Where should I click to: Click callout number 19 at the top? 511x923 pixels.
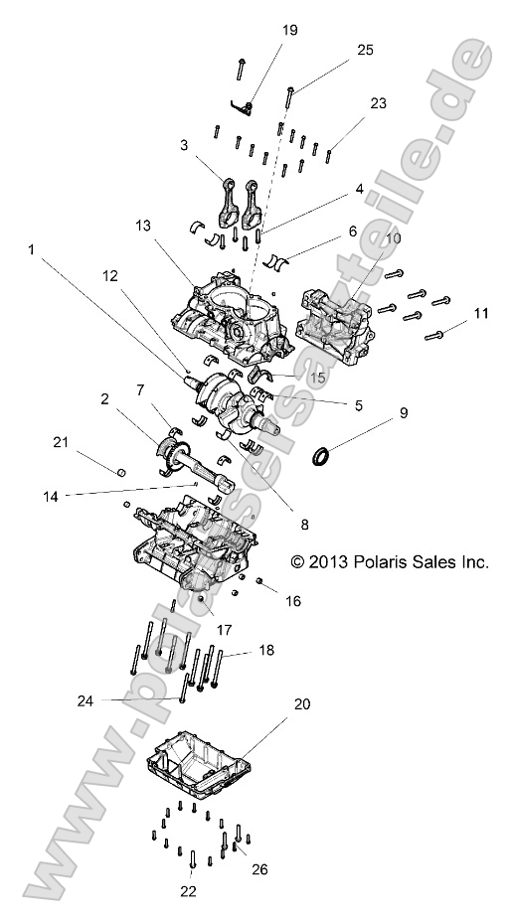point(289,31)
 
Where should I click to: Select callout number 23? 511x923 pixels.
point(378,102)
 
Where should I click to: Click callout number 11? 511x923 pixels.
point(480,313)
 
